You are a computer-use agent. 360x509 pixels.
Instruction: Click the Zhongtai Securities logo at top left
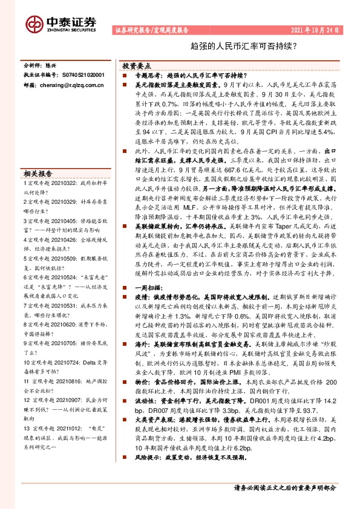[x=61, y=24]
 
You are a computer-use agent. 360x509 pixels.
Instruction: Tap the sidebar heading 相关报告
[x=38, y=172]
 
